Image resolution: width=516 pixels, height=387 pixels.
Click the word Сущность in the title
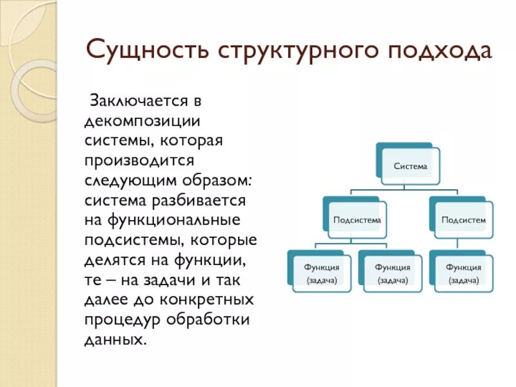pos(150,50)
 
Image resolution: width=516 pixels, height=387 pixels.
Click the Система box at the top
pos(410,166)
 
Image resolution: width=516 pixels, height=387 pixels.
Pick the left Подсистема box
pos(357,220)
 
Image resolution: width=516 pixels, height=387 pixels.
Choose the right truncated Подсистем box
pos(463,220)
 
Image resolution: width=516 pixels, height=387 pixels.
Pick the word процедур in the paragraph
pos(119,321)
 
